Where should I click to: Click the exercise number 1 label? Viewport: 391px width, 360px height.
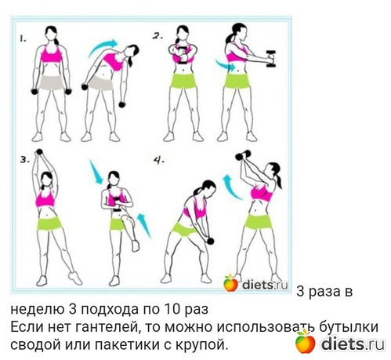23,39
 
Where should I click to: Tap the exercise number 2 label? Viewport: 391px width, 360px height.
157,36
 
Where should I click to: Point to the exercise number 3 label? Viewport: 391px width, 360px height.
25,160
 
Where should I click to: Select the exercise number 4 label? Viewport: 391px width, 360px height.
159,160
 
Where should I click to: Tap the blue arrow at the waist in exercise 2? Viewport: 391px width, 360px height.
225,65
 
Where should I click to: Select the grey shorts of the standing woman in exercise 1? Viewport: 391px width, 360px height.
52,83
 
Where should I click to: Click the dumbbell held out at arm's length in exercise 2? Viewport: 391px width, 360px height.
271,59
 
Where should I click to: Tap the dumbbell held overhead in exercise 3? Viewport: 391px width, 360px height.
39,151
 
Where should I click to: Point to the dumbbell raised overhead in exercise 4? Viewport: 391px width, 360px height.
243,155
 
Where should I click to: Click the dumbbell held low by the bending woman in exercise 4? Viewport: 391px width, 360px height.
210,241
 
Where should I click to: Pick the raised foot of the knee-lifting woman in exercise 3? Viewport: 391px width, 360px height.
136,246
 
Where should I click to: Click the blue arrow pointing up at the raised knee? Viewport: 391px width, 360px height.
144,225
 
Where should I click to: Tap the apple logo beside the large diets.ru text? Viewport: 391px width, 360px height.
305,341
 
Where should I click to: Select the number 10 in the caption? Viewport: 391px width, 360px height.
172,309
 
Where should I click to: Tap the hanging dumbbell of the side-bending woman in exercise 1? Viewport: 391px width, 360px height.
122,105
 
